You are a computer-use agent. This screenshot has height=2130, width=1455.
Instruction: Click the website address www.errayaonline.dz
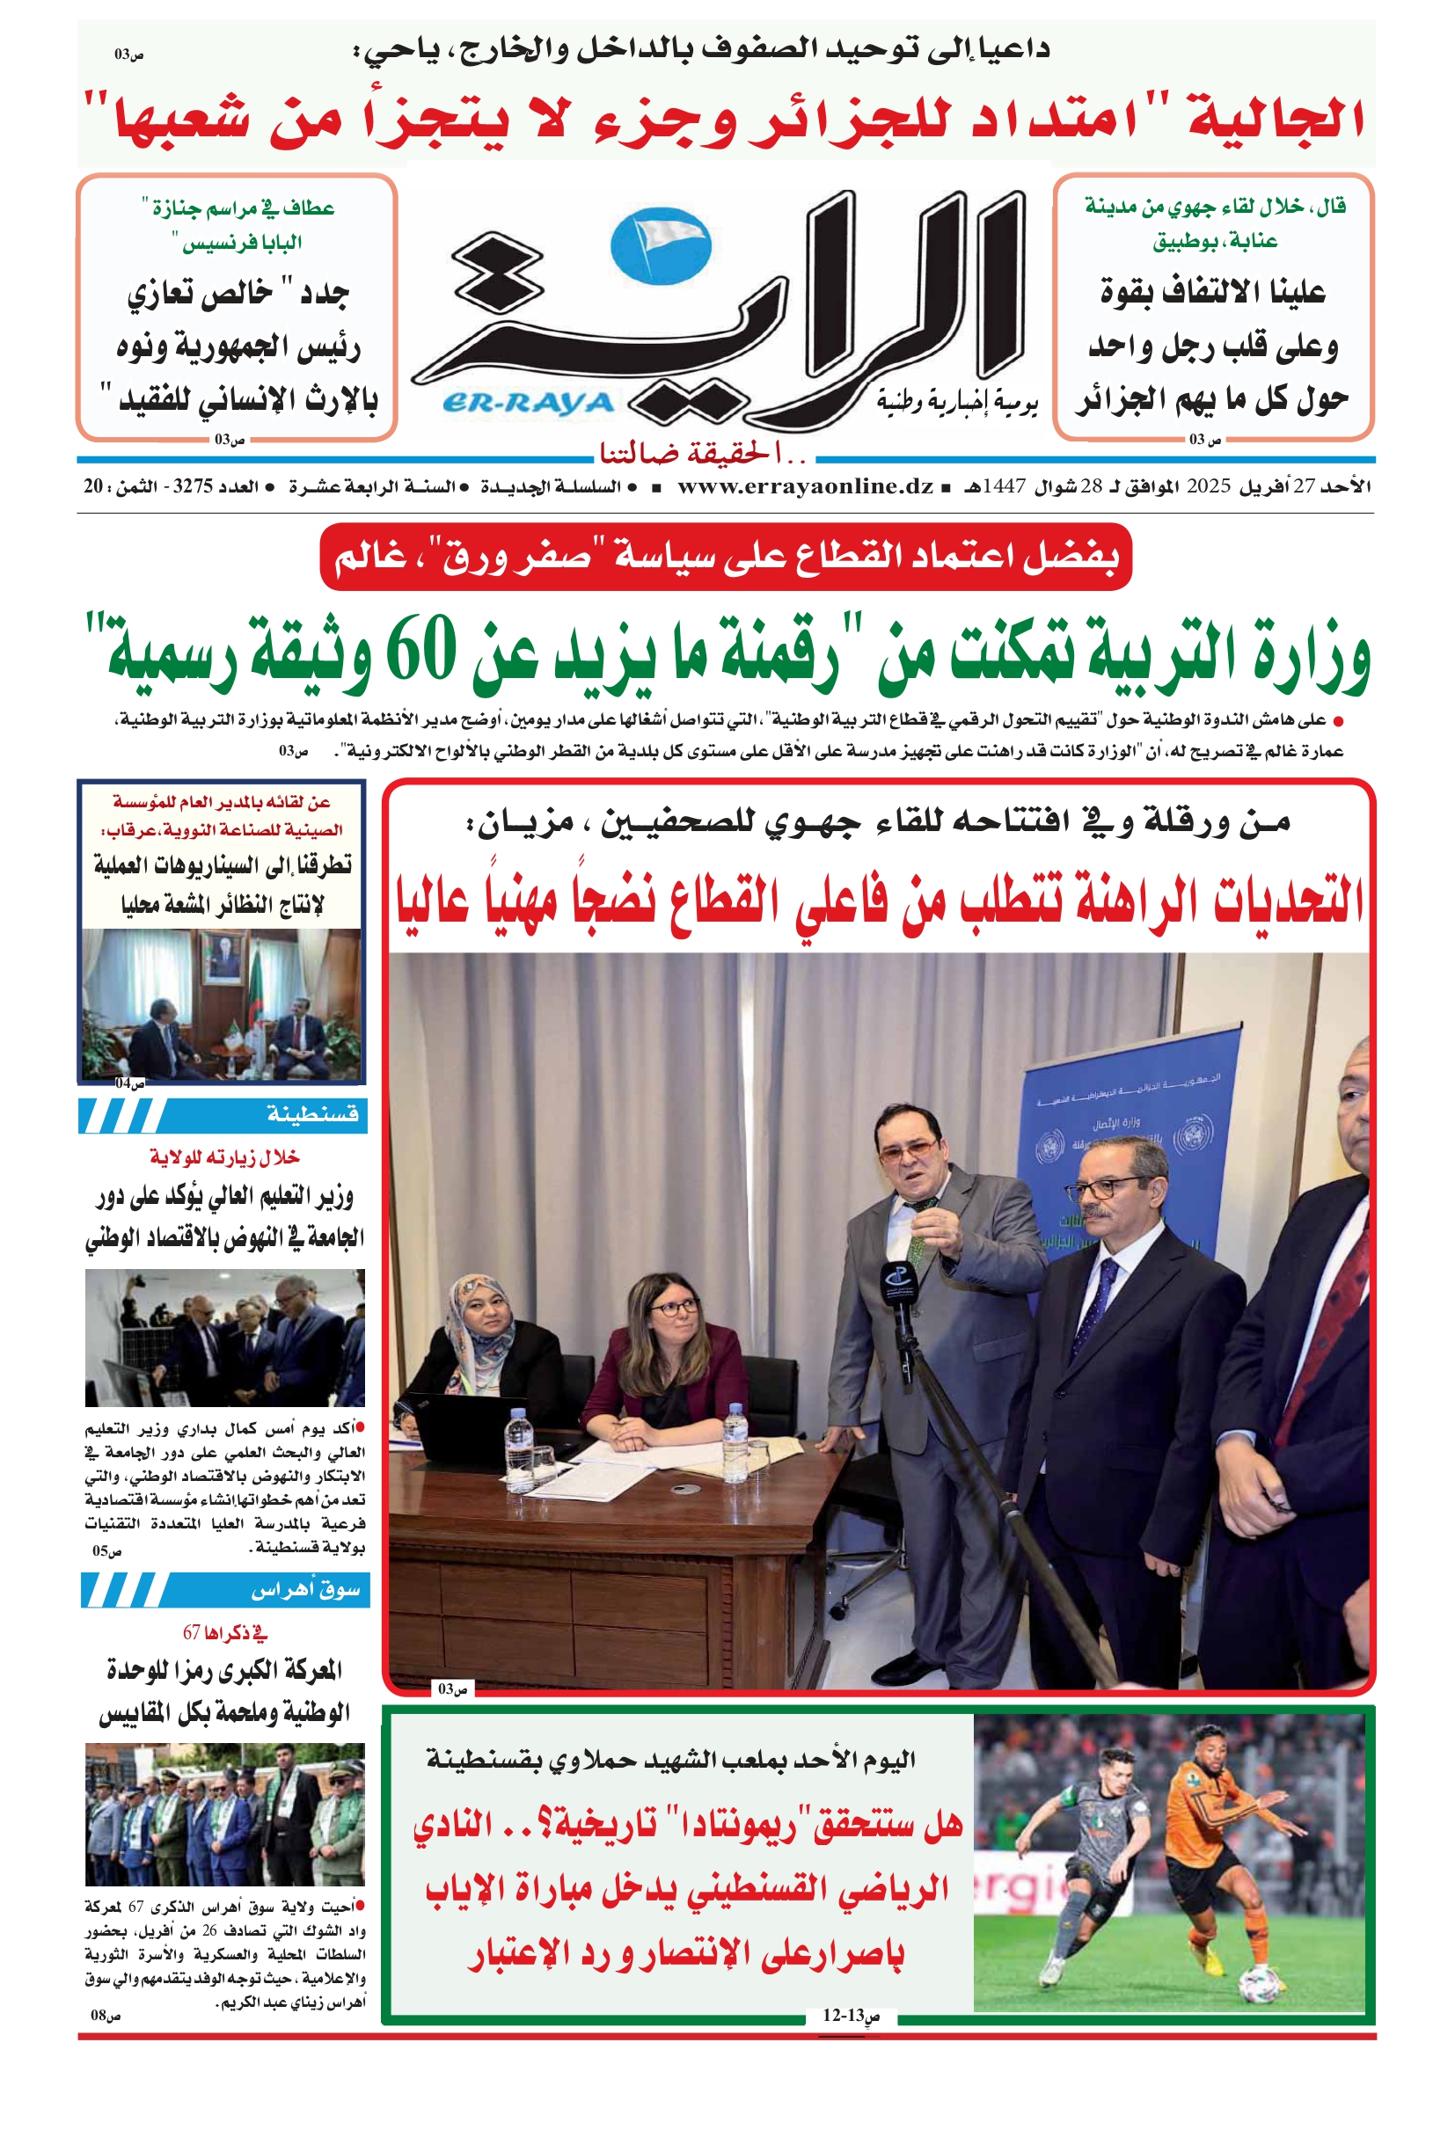(x=805, y=486)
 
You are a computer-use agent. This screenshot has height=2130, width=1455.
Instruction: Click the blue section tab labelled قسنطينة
(x=223, y=1115)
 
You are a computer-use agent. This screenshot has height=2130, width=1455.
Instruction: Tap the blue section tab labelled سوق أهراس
(x=225, y=1590)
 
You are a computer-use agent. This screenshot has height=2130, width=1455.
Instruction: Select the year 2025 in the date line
(x=1208, y=486)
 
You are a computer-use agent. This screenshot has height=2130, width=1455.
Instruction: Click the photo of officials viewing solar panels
(x=224, y=1338)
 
